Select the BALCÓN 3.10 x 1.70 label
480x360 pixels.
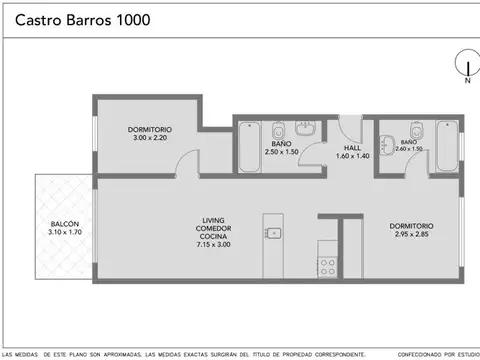click(65, 227)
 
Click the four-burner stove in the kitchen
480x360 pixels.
click(326, 267)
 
